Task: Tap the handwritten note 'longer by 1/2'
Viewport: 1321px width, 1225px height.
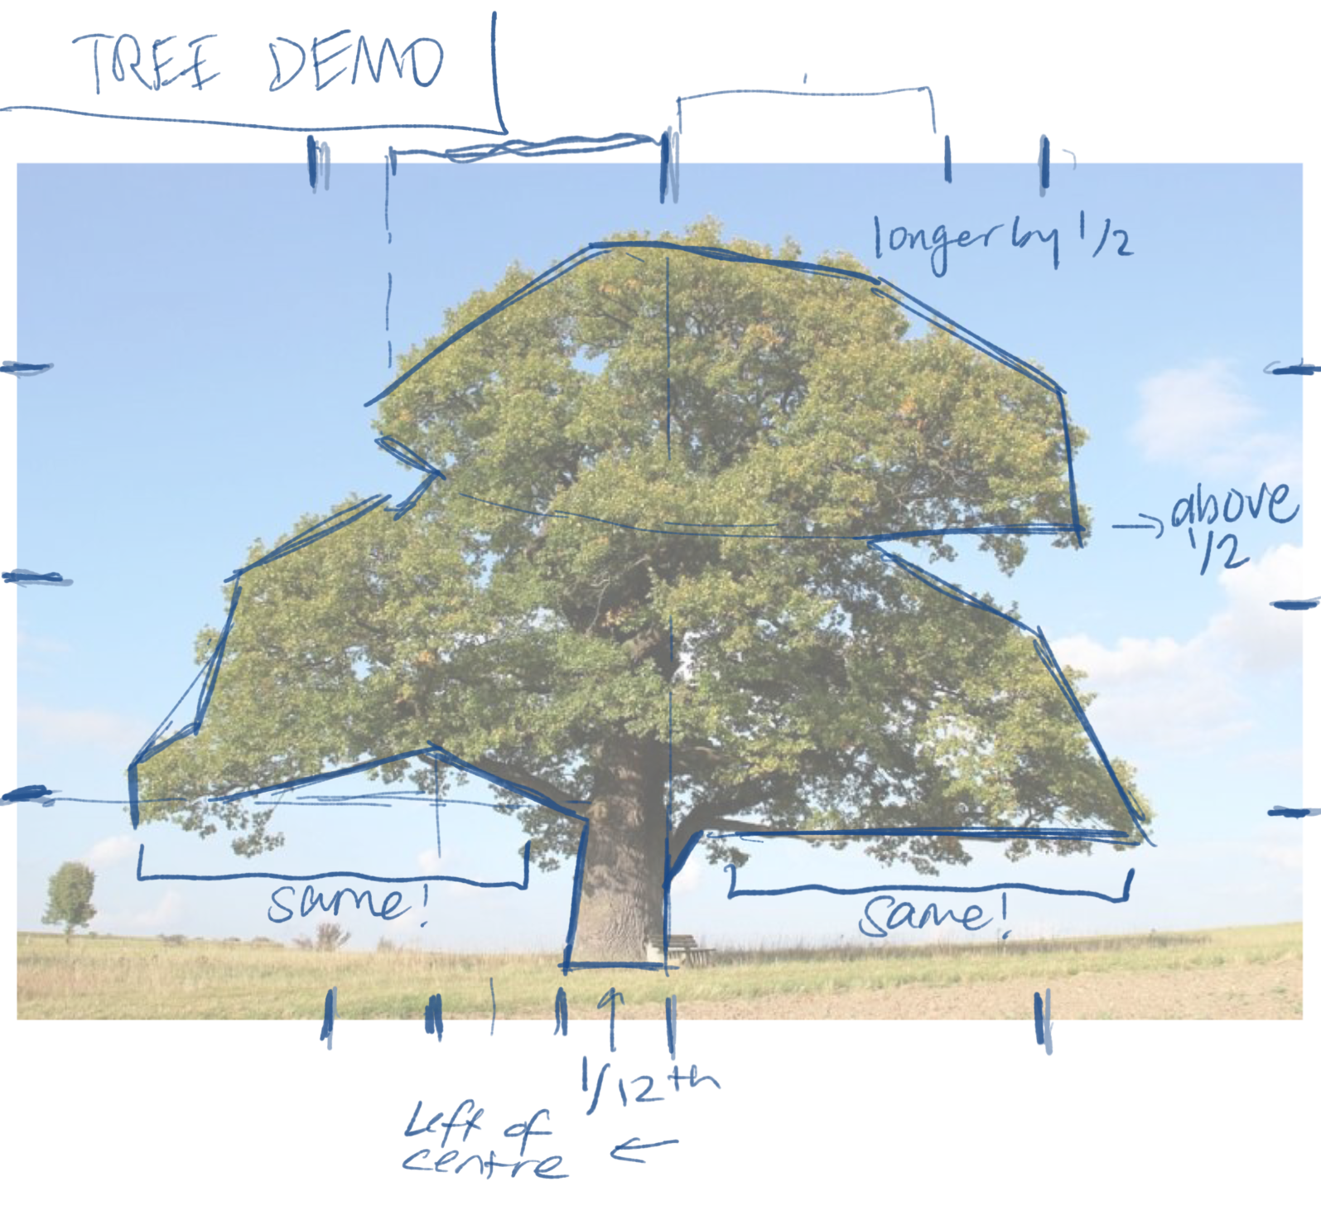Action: click(1002, 240)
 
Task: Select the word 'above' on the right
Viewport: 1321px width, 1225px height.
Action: click(1234, 505)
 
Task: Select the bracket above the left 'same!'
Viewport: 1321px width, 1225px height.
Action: click(331, 874)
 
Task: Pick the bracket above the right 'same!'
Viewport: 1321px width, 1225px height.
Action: click(928, 890)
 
